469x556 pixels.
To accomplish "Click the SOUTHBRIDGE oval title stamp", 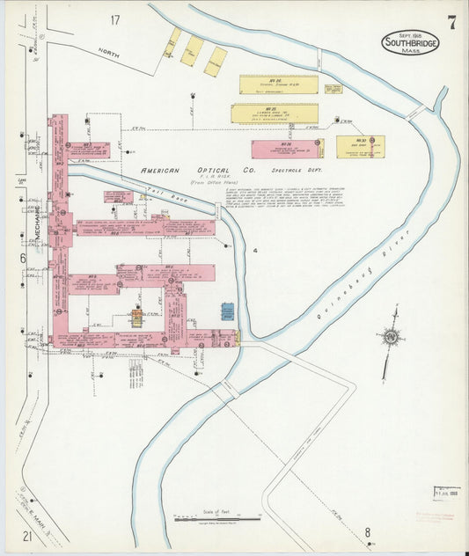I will coord(410,41).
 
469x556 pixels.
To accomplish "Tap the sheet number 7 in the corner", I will coord(451,23).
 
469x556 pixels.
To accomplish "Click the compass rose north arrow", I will coord(391,337).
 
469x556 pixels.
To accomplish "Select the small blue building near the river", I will coord(228,312).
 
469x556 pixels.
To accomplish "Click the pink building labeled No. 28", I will coord(285,149).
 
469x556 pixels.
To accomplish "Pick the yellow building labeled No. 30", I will coord(361,146).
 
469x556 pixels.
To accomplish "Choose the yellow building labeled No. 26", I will coord(279,84).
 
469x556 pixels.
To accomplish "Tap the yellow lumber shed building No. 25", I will coord(275,113).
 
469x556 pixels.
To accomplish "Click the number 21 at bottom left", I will coord(27,536).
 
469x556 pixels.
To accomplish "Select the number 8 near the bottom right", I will coord(368,531).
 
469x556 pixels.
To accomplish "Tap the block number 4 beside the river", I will coord(254,251).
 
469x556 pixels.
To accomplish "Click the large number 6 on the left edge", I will coord(22,258).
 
